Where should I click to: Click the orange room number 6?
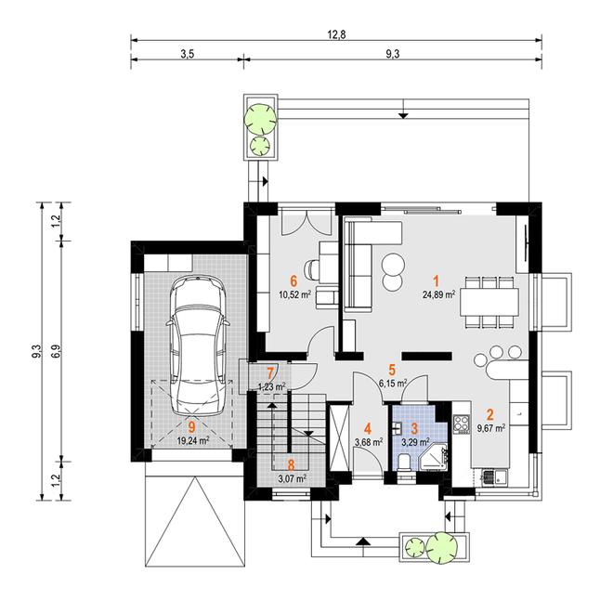[293, 280]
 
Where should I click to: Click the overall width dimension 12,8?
[336, 34]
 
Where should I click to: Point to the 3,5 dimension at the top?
[188, 54]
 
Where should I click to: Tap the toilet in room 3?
[403, 463]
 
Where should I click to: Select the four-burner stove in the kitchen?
[462, 424]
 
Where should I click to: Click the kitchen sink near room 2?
[495, 477]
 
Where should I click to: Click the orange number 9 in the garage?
[191, 426]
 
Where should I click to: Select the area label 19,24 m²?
[193, 441]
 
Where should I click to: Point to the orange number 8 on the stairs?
[291, 464]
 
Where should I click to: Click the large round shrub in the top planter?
[260, 117]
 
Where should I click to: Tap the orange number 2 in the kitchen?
[490, 414]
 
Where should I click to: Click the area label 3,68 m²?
[369, 442]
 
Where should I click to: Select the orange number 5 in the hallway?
[393, 370]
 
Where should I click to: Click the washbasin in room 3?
[398, 427]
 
